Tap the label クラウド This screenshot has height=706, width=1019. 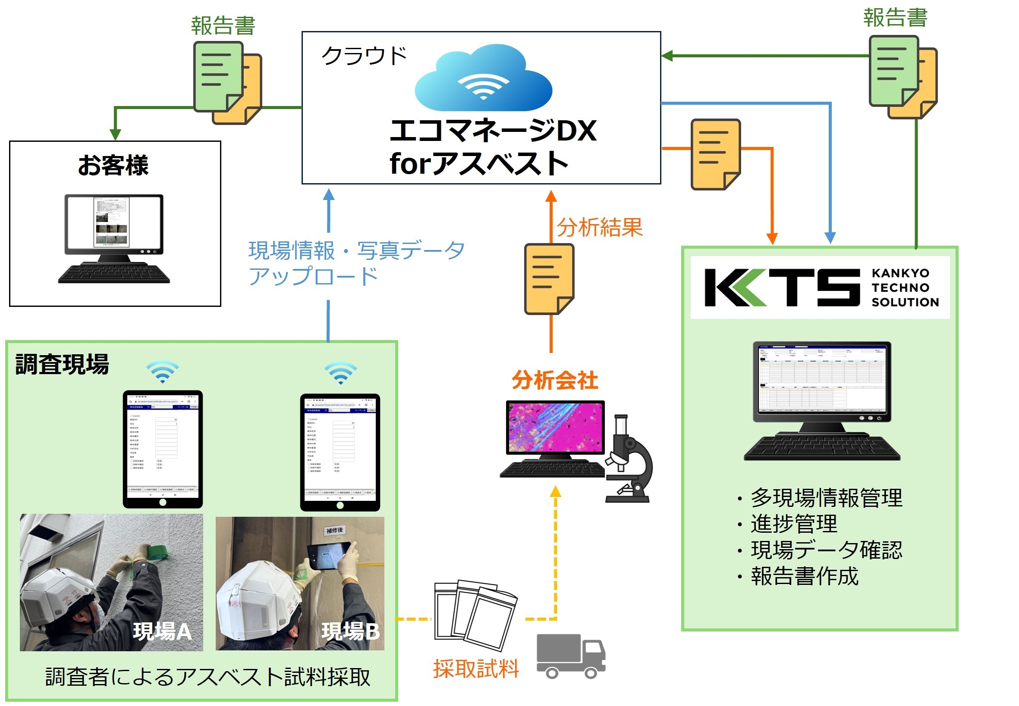click(363, 56)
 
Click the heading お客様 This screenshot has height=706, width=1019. click(113, 166)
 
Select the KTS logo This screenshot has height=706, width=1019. click(820, 287)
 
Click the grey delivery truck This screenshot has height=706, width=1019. click(570, 656)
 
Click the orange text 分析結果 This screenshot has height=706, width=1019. click(599, 228)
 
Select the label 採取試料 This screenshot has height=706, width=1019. click(476, 669)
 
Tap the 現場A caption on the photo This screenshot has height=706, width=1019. click(163, 631)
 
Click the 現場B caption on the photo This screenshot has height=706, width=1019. click(350, 631)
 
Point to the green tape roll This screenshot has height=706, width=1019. click(157, 553)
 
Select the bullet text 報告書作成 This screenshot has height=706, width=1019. click(804, 576)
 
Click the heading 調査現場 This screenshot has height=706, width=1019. click(63, 365)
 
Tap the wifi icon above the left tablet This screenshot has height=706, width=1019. click(163, 372)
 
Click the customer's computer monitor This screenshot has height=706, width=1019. click(114, 223)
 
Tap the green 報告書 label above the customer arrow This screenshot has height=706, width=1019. click(223, 26)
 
